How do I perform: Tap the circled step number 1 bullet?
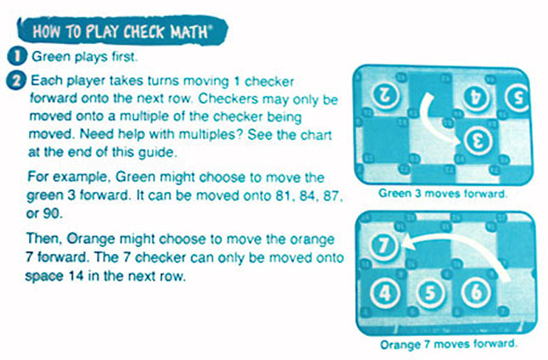[16, 59]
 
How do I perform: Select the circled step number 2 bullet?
[16, 81]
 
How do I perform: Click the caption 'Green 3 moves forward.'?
[443, 193]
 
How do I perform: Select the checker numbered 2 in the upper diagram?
[381, 93]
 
